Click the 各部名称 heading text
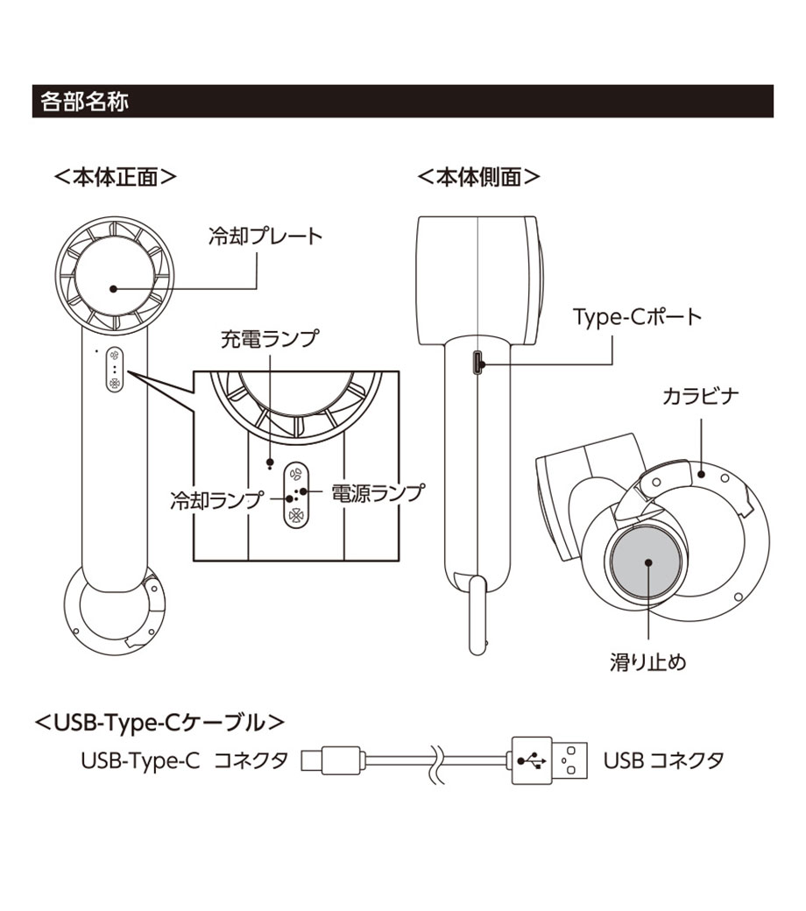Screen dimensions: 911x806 coord(84,102)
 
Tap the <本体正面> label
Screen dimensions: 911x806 coord(116,176)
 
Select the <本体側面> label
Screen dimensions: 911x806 coord(478,176)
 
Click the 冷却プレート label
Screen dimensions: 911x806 coord(265,236)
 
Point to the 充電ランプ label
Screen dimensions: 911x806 coord(268,339)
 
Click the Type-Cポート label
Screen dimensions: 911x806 coord(637,316)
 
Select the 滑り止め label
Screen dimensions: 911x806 coord(647,662)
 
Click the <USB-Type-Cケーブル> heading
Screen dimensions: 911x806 coord(159,723)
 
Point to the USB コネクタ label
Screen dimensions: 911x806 coord(663,759)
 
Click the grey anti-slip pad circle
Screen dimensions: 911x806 coord(647,563)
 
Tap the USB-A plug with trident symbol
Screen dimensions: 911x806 coord(548,759)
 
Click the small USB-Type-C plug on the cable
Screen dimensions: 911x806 coord(332,759)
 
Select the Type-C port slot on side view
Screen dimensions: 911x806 coord(476,363)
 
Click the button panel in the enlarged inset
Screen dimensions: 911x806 coord(297,492)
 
